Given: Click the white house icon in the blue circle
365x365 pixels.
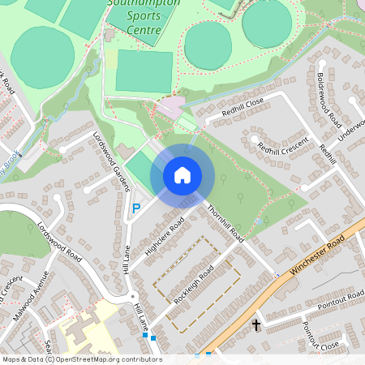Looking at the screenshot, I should [x=182, y=174].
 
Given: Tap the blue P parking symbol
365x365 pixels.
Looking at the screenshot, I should [x=136, y=208].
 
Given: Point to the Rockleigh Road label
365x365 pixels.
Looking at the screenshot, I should [x=191, y=277].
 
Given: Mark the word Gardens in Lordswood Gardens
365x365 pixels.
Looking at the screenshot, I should [x=120, y=173].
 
